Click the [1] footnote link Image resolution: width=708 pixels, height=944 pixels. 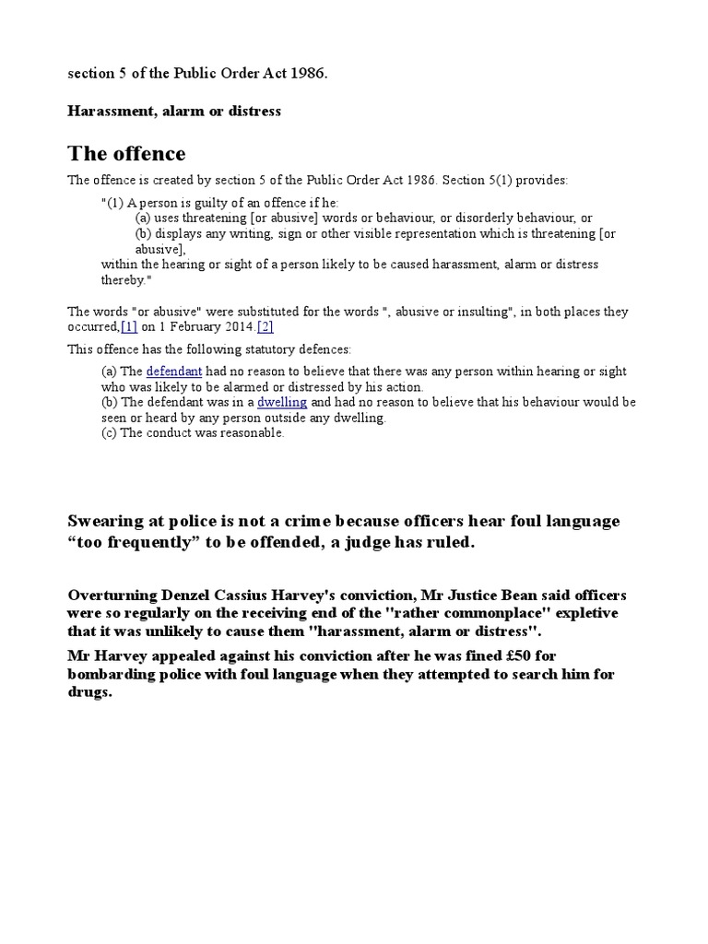pos(129,327)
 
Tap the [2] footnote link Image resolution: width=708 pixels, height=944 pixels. pos(265,327)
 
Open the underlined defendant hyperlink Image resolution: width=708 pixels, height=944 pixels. pos(174,372)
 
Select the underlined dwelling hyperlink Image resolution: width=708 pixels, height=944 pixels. pos(282,403)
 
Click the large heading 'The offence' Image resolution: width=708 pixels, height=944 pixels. pos(127,153)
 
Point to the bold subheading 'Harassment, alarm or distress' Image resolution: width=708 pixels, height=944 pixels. pos(174,112)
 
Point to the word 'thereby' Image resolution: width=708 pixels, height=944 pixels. pos(123,280)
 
